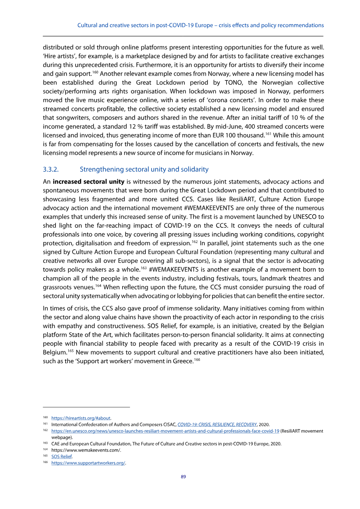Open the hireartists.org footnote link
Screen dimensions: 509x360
click(81, 418)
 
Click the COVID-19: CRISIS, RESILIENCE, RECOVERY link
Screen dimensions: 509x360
click(217, 424)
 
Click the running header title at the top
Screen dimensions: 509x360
click(201, 25)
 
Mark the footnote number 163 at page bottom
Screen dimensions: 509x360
click(45, 443)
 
